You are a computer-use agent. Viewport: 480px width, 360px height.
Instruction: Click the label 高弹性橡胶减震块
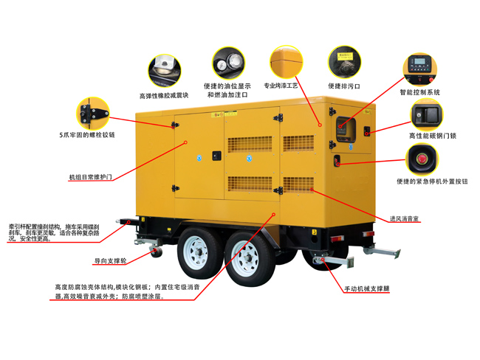[x=164, y=95]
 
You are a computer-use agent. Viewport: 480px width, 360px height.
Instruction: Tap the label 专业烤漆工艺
[x=284, y=86]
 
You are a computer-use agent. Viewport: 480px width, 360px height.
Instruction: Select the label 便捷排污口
[x=344, y=86]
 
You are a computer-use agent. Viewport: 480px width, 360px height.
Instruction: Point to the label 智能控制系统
[x=419, y=92]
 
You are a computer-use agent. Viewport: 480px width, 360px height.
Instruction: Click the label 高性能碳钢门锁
[x=433, y=136]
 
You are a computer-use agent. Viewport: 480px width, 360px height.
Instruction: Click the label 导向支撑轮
[x=111, y=260]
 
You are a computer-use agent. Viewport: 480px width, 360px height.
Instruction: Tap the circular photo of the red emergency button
[x=422, y=159]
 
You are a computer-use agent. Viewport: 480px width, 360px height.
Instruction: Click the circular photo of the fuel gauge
[x=229, y=63]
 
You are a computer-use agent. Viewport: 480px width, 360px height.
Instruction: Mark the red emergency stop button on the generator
[x=337, y=160]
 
